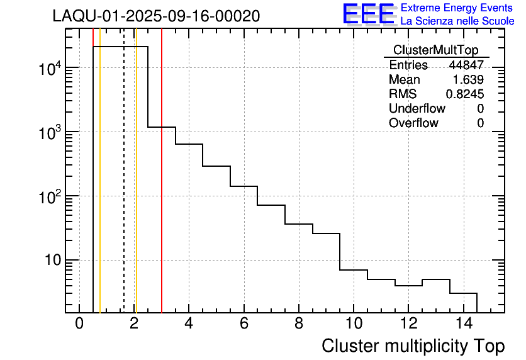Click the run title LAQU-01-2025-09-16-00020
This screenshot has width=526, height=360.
(156, 16)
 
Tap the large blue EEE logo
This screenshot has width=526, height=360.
(368, 14)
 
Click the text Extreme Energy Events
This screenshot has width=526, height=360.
(457, 8)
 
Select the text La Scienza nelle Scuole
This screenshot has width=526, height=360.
(457, 21)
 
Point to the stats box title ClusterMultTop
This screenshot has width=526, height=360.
(435, 50)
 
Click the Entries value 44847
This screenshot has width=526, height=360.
(466, 65)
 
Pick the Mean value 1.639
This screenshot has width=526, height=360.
(468, 80)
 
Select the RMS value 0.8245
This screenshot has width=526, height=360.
(464, 94)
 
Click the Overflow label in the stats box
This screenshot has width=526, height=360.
(413, 123)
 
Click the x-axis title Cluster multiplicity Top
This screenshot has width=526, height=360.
(413, 346)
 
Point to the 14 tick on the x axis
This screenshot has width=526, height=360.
(462, 324)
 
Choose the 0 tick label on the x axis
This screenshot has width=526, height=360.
(79, 324)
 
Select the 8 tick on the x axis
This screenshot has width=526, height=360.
(298, 324)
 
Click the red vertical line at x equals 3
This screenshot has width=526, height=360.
(162, 189)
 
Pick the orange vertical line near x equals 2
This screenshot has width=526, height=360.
(136, 189)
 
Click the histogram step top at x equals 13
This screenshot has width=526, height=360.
(435, 279)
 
